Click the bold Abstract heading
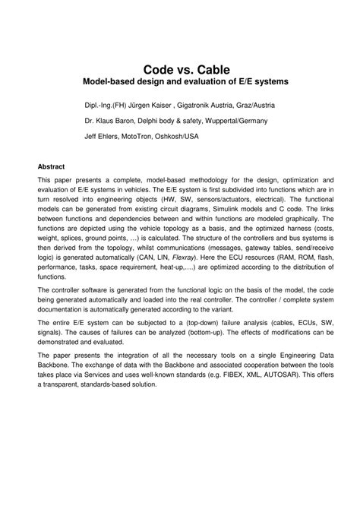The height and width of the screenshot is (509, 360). [52, 166]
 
